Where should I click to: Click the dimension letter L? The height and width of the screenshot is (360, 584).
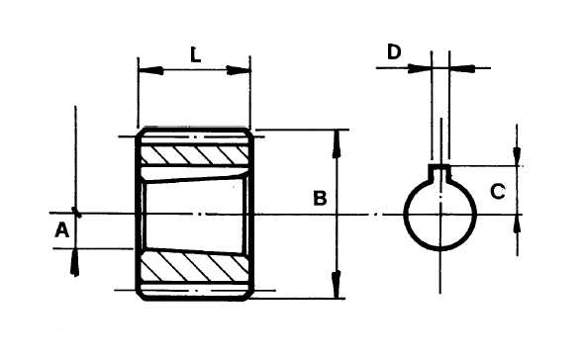click(195, 54)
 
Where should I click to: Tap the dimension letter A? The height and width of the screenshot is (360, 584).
click(61, 229)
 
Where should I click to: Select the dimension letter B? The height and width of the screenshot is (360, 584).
click(320, 198)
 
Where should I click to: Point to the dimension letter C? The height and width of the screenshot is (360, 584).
click(498, 191)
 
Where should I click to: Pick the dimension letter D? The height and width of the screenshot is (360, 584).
click(394, 51)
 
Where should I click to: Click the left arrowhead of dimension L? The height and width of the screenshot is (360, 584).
click(150, 70)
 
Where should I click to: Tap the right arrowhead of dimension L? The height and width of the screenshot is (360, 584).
click(239, 70)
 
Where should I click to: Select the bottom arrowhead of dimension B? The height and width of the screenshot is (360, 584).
click(338, 285)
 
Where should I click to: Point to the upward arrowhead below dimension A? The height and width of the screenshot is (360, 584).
click(75, 262)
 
